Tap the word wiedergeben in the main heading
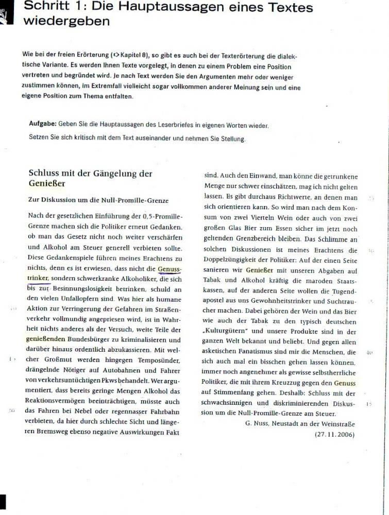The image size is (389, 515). pos(66,21)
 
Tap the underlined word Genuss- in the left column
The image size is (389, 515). pos(170,269)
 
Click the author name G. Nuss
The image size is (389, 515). pos(257,423)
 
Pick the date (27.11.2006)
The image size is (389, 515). pos(334,434)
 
